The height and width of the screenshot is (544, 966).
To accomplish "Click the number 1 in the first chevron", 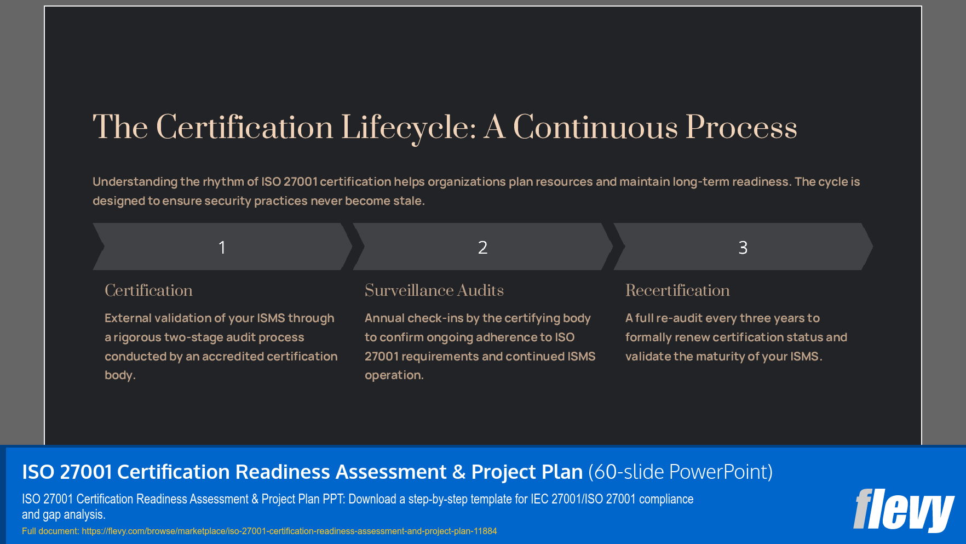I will coord(222,248).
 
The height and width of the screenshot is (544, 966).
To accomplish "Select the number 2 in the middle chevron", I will coord(482,248).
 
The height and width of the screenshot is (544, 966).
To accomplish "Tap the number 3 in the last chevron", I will coord(743,248).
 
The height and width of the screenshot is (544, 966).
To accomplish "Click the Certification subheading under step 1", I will coord(148,290).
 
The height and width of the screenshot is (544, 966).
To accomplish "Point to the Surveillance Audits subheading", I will coord(434,290).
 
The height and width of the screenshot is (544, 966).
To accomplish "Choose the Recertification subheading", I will coord(677,290).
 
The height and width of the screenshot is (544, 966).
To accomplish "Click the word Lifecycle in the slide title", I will coord(408,128).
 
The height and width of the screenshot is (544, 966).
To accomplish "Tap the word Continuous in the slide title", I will coord(595,128).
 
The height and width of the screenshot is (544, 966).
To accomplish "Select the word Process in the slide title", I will coord(741,128).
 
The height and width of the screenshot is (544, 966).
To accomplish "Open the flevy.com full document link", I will coord(289,531).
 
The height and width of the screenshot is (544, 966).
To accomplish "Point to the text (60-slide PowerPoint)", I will coord(680,472).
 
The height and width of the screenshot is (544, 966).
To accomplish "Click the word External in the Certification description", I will coord(128,318).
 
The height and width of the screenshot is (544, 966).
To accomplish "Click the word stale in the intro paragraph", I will coord(407,201).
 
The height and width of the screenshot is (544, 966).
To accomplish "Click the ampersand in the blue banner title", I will coord(459,472).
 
